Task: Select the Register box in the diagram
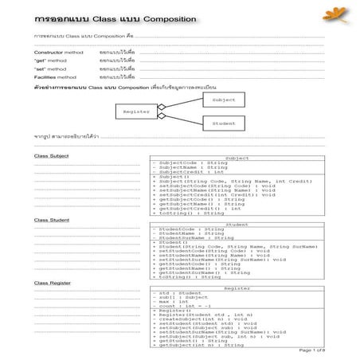click(136, 112)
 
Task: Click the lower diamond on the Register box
click(162, 117)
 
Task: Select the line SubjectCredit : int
click(188, 172)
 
